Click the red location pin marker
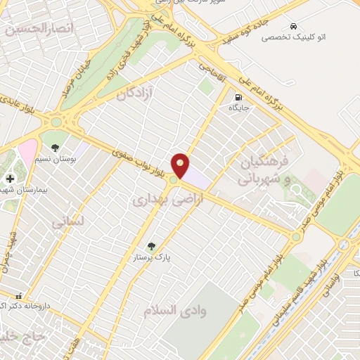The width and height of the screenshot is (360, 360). (x=181, y=166)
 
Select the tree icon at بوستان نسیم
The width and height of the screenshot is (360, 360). (x=55, y=148)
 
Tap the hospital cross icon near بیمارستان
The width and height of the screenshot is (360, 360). (x=9, y=178)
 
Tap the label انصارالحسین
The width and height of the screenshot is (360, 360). (x=35, y=29)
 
